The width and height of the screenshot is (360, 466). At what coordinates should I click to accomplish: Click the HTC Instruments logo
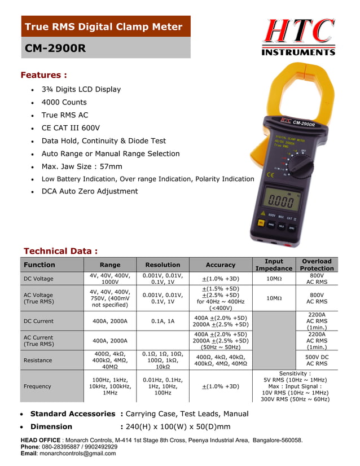coord(298,37)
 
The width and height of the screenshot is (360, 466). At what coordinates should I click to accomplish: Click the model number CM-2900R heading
coord(55,49)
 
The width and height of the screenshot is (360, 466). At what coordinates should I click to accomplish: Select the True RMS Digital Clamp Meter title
coord(104,27)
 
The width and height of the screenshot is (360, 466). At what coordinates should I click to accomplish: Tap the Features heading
coord(43,75)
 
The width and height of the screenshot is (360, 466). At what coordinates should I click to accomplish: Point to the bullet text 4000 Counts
coord(64,102)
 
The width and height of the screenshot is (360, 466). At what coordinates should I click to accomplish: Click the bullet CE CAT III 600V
coord(71,128)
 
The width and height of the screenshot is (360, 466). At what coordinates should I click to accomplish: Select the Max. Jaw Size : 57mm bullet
coord(82,166)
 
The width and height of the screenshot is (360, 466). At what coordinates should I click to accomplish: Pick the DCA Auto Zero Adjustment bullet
coord(89,191)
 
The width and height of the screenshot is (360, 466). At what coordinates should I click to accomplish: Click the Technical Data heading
coord(60,251)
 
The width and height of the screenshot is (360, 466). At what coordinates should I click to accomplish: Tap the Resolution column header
coord(163,265)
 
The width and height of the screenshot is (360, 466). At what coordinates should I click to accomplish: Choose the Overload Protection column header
coord(317,265)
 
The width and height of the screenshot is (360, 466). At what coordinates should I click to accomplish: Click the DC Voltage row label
coord(38,279)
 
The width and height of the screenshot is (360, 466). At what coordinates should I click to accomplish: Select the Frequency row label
coord(37,386)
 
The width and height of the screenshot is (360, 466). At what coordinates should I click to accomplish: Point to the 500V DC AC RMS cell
coord(317,360)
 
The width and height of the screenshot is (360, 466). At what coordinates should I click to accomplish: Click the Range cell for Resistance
coord(109,360)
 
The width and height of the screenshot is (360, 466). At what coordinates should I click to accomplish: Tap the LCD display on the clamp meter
coord(280,200)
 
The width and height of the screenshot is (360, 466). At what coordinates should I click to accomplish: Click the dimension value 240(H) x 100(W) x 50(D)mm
coord(175,427)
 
